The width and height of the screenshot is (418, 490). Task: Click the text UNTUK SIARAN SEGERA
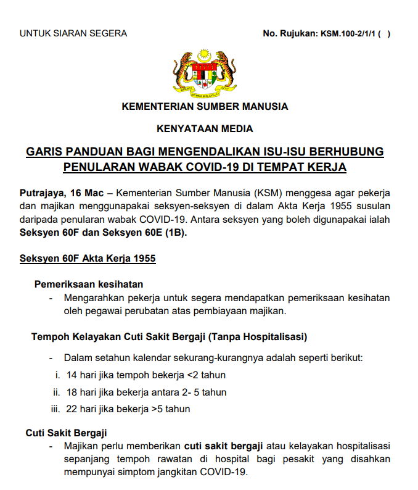coord(73,33)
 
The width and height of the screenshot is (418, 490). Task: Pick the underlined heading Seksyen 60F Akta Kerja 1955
coord(88,258)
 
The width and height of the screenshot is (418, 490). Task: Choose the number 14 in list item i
coord(71,375)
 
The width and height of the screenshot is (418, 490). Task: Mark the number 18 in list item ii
coord(71,392)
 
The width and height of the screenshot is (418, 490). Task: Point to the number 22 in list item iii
coord(71,409)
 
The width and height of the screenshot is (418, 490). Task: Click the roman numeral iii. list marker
coord(55,409)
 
